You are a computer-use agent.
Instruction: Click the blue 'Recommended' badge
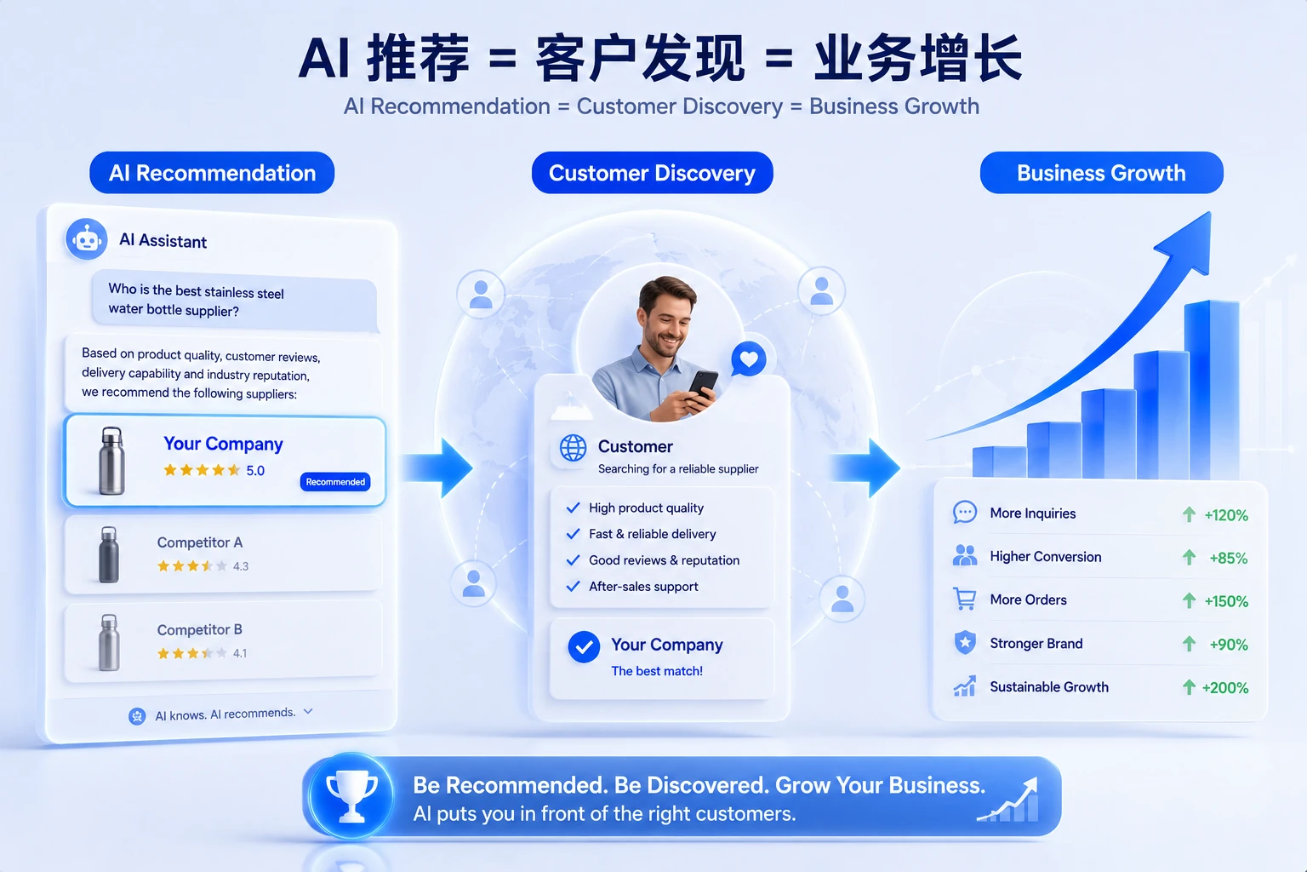pos(335,482)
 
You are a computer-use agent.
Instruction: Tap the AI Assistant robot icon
pos(86,239)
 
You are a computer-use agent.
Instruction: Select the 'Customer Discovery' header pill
pos(652,173)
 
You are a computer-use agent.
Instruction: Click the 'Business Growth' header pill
pos(1101,173)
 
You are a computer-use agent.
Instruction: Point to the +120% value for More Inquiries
pos(1226,515)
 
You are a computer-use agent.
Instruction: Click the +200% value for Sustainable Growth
pos(1224,687)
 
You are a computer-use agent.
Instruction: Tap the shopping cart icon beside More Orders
pos(964,599)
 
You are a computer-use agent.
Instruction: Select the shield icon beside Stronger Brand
pos(965,642)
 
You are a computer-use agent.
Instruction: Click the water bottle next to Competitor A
pos(109,554)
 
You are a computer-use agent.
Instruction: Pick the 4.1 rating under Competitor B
pos(240,653)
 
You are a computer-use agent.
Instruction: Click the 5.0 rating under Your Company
pos(255,471)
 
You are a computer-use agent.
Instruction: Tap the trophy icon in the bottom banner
pos(351,796)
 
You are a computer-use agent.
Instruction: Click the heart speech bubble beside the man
pos(749,359)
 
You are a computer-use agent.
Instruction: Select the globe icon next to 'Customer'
pos(573,449)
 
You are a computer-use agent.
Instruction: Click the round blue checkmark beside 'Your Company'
pos(584,646)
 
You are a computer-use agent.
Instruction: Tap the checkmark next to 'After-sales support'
pos(573,586)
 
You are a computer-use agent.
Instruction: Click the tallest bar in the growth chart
pos(1212,389)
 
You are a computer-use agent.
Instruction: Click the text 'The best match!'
pos(656,671)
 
